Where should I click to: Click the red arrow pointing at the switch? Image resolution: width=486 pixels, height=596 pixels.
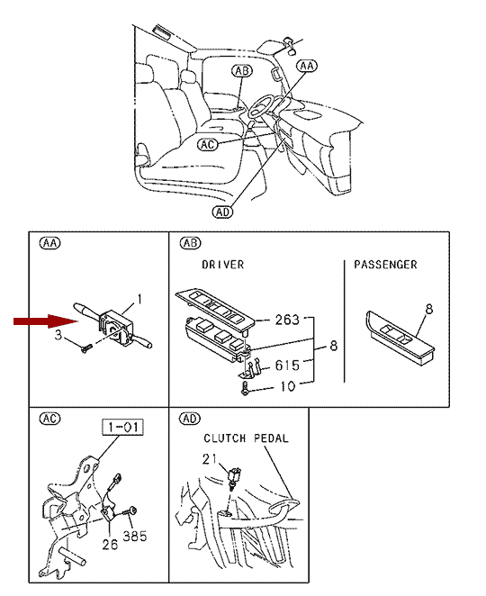coord(46,321)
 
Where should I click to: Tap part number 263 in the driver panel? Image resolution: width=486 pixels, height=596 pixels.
coord(287,320)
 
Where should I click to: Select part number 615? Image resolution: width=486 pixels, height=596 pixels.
coord(287,366)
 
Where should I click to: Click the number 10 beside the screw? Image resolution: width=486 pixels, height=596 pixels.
coord(288,386)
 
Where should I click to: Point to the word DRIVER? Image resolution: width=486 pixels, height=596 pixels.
coord(223,265)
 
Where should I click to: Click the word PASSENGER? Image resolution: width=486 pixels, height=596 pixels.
coord(386,265)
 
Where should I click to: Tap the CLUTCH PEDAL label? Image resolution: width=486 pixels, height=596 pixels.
coord(246,438)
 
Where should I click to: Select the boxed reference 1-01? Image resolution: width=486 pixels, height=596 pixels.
coord(122,427)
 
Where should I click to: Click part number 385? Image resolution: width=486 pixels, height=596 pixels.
coord(134,537)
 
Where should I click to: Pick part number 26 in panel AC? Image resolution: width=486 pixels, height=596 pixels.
coord(110,545)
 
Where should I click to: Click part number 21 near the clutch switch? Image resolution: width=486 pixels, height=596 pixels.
coord(210,459)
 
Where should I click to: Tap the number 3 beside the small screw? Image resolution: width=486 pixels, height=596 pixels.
coord(58,335)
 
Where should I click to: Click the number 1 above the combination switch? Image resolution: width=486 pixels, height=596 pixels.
coord(139,299)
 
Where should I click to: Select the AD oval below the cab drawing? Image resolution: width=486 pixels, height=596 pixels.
coord(222,212)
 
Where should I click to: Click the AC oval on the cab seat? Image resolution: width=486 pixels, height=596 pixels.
coord(208,144)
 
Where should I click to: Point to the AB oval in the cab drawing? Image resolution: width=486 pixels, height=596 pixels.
coord(242,71)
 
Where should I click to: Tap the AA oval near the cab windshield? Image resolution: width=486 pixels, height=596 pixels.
coord(307,66)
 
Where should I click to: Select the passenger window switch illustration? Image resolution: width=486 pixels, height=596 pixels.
coord(400,339)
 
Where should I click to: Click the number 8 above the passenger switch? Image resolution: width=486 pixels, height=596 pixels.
coord(429,309)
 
